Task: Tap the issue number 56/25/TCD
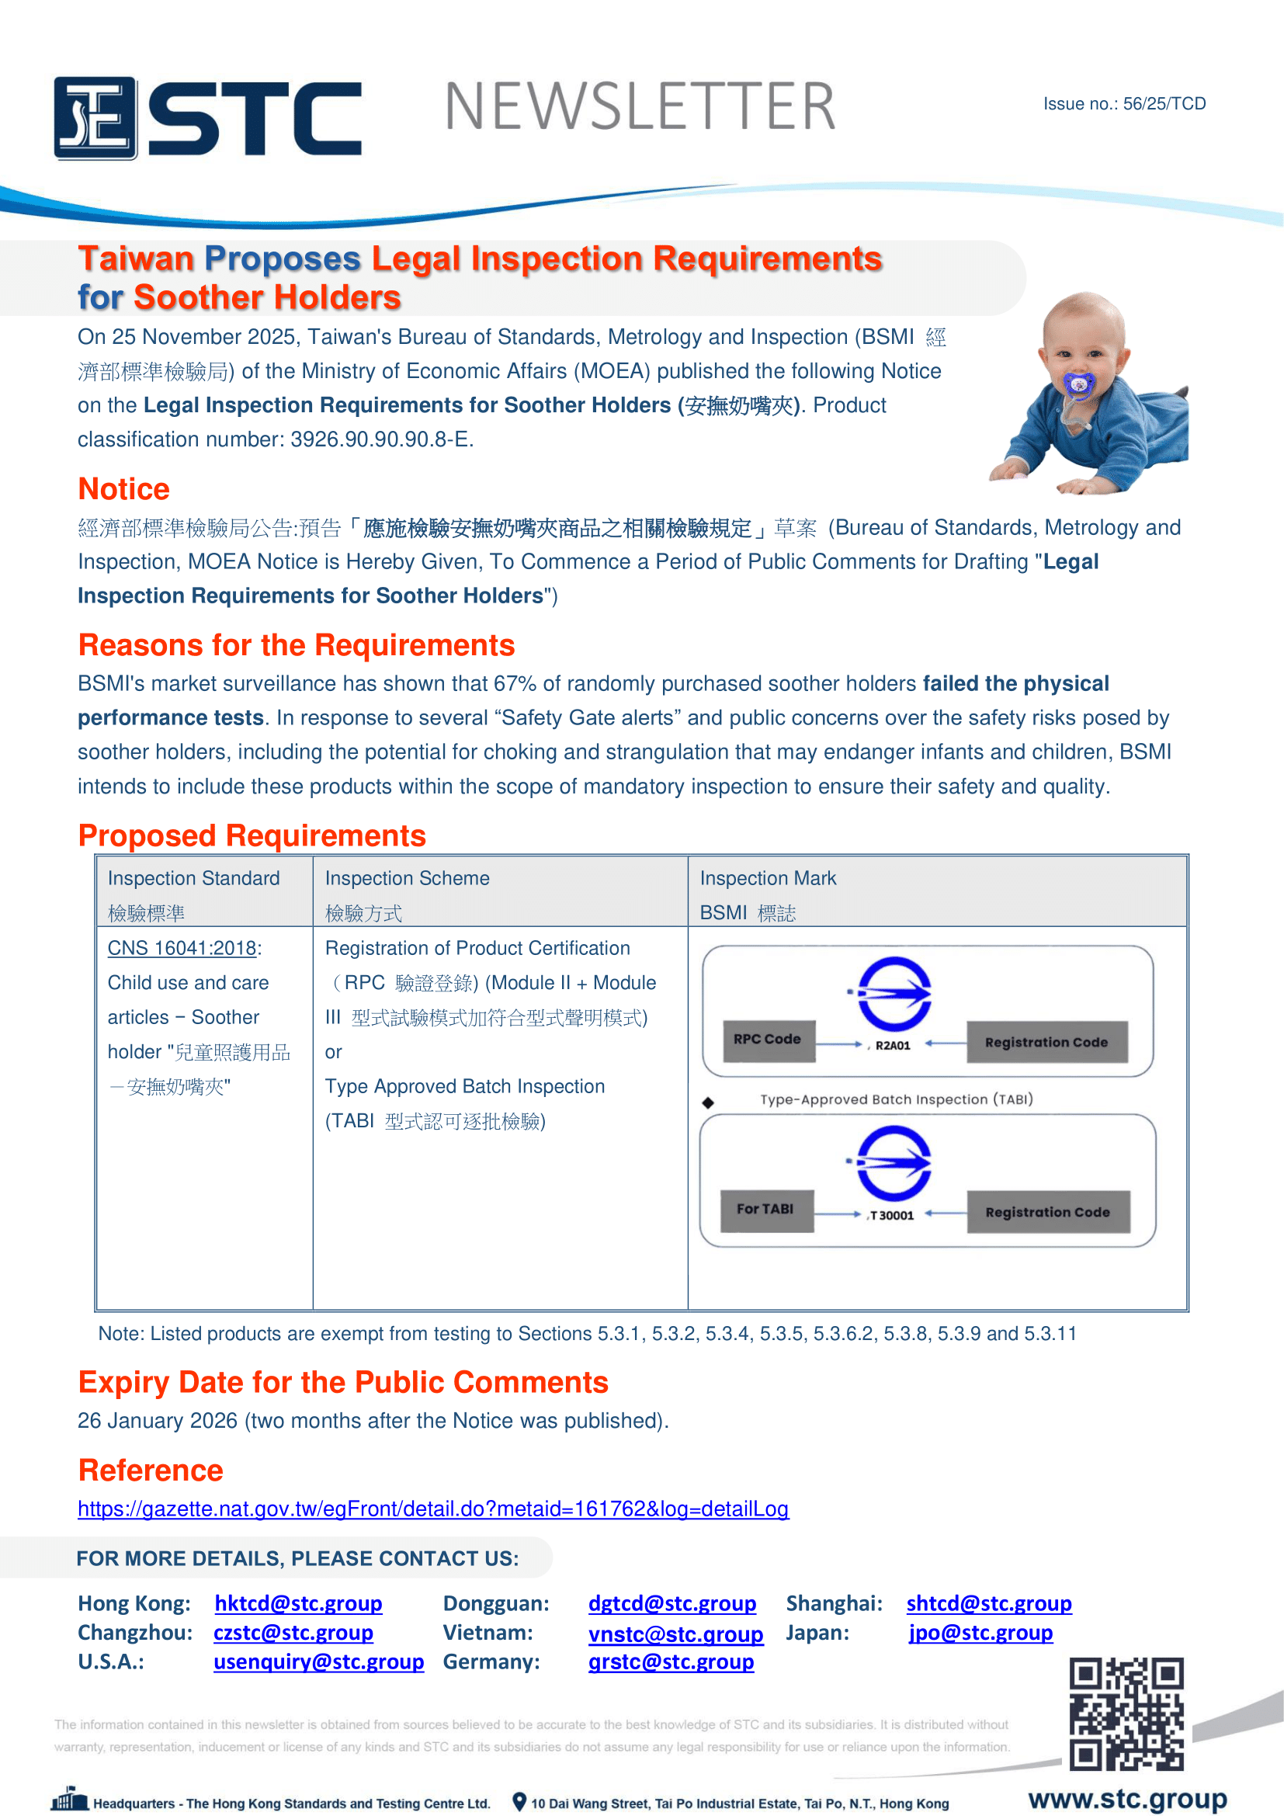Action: click(x=1164, y=103)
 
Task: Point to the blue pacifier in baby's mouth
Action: click(x=1078, y=384)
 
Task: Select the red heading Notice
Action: click(x=123, y=489)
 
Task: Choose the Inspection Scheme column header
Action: click(x=408, y=878)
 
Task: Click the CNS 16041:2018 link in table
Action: click(x=182, y=947)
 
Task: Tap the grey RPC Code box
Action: click(x=768, y=1040)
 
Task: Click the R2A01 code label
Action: click(x=893, y=1046)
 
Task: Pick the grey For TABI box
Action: click(x=766, y=1210)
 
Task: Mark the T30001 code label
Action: click(x=892, y=1216)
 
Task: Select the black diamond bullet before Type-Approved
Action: click(x=708, y=1102)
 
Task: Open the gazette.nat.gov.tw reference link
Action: click(x=432, y=1509)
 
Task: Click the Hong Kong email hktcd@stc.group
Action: click(x=298, y=1603)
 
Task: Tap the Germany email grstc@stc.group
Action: click(x=671, y=1661)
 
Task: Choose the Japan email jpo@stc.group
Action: click(x=980, y=1633)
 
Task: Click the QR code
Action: click(x=1126, y=1714)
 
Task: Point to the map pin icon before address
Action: click(x=519, y=1802)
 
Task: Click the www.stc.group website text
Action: click(x=1127, y=1799)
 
